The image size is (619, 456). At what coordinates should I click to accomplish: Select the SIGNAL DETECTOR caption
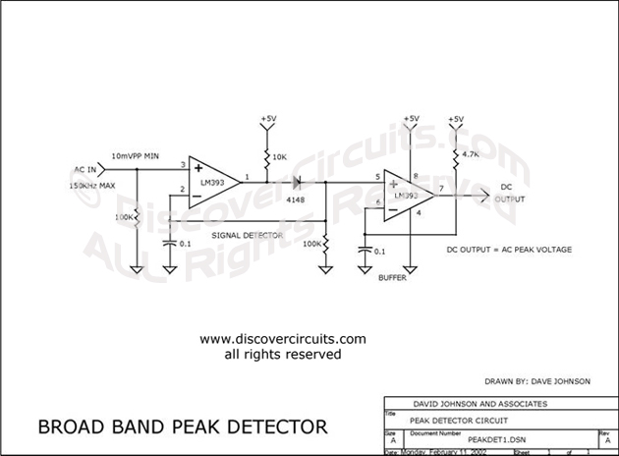pyautogui.click(x=247, y=237)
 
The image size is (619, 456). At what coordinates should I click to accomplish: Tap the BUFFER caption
pyautogui.click(x=391, y=278)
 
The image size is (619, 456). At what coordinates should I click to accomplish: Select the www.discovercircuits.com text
pyautogui.click(x=269, y=339)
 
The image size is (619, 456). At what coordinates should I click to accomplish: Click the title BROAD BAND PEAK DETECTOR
pyautogui.click(x=182, y=427)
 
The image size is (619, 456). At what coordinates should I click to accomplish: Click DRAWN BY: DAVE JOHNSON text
pyautogui.click(x=538, y=379)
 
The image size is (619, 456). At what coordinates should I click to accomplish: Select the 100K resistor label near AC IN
pyautogui.click(x=125, y=216)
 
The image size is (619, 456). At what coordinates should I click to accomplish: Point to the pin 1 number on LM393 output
pyautogui.click(x=247, y=177)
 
